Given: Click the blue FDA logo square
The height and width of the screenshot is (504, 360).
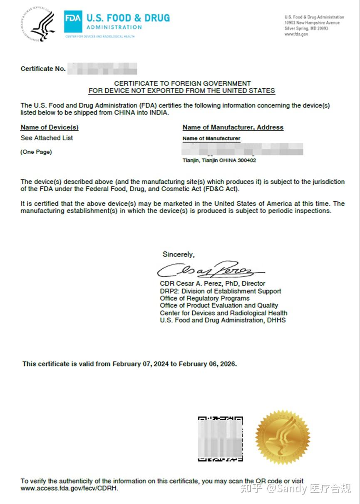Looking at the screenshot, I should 73,22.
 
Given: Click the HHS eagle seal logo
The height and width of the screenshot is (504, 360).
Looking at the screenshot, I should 38,24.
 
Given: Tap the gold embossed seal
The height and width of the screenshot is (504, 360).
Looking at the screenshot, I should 283,437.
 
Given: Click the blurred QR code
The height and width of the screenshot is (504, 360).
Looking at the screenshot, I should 220,439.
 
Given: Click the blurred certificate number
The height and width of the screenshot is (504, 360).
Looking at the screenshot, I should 102,69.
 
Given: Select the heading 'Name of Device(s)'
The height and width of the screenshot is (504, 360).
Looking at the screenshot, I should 50,127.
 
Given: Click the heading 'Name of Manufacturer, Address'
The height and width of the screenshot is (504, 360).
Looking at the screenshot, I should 233,127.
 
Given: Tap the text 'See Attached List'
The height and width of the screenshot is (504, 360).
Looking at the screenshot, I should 47,138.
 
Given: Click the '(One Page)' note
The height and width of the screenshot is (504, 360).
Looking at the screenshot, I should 36,152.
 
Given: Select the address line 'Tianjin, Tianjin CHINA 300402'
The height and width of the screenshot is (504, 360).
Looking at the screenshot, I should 219,160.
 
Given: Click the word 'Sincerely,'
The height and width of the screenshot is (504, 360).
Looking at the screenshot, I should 178,254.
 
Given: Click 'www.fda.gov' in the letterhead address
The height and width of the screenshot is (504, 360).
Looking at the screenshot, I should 296,35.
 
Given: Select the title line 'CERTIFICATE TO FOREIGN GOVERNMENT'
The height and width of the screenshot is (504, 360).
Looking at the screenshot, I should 182,83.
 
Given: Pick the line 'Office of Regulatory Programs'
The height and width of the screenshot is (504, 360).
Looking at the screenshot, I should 204,298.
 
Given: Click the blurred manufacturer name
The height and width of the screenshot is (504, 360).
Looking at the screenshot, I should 243,149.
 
